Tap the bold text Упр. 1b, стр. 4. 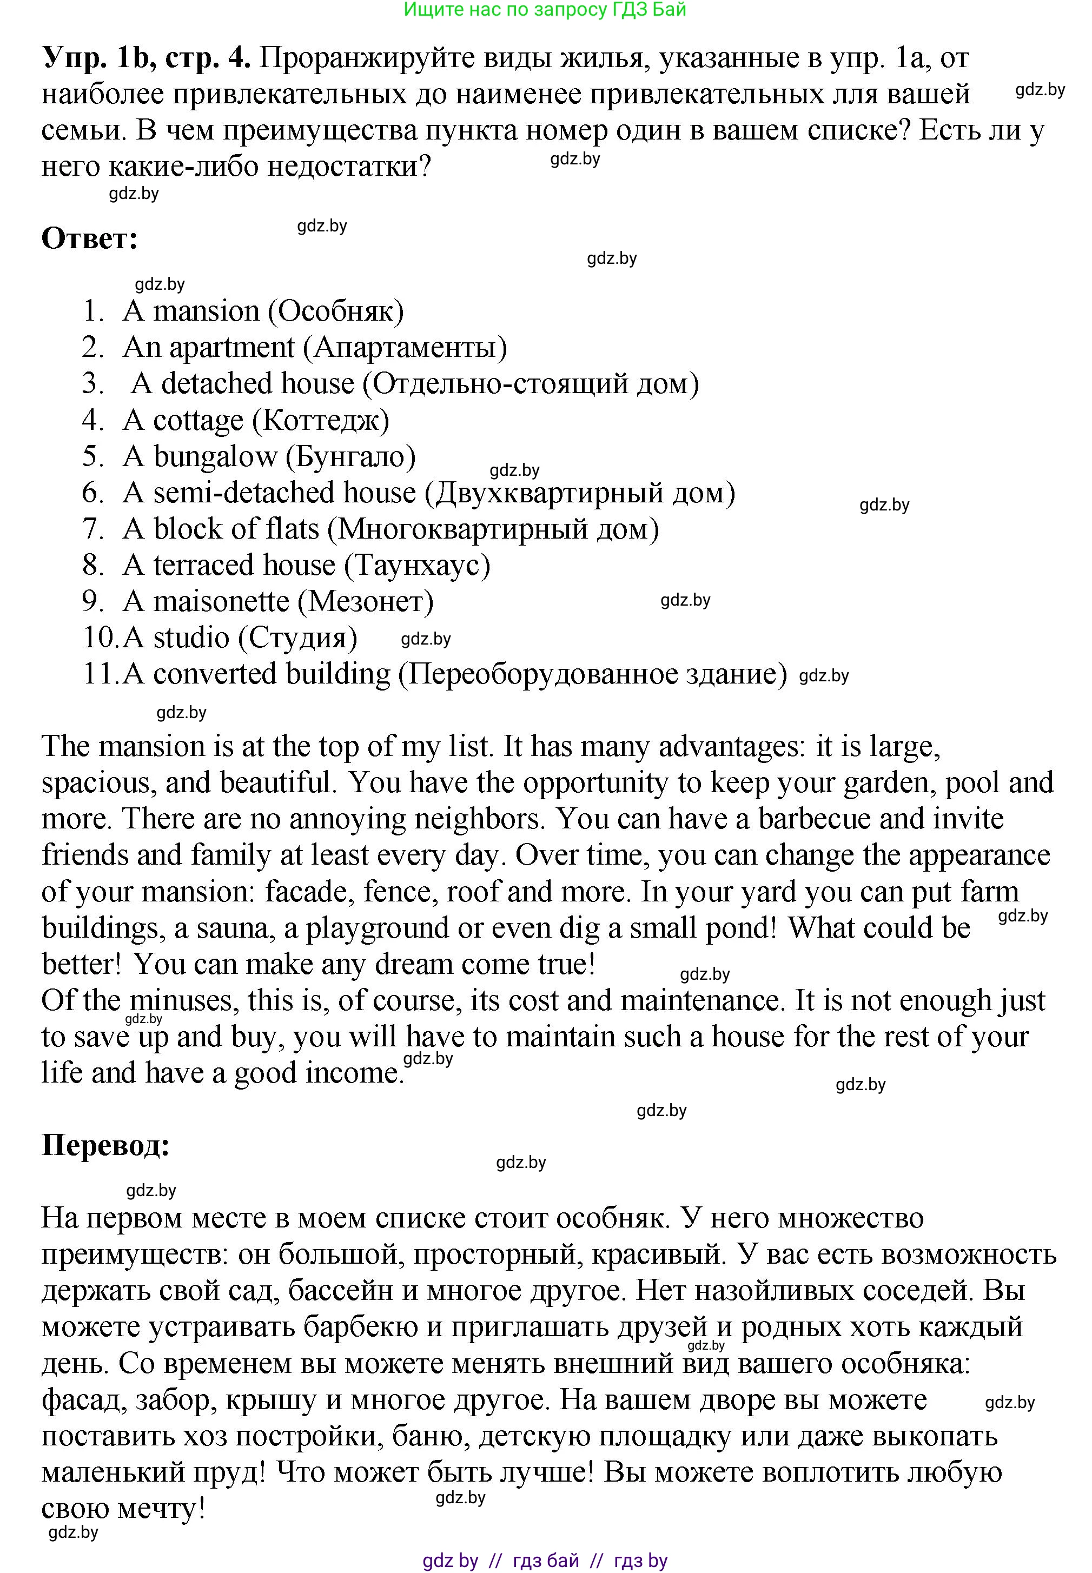point(145,58)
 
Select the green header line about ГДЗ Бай point(545,10)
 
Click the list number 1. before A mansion point(93,311)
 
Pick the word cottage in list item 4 point(198,421)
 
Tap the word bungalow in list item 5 point(215,457)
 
